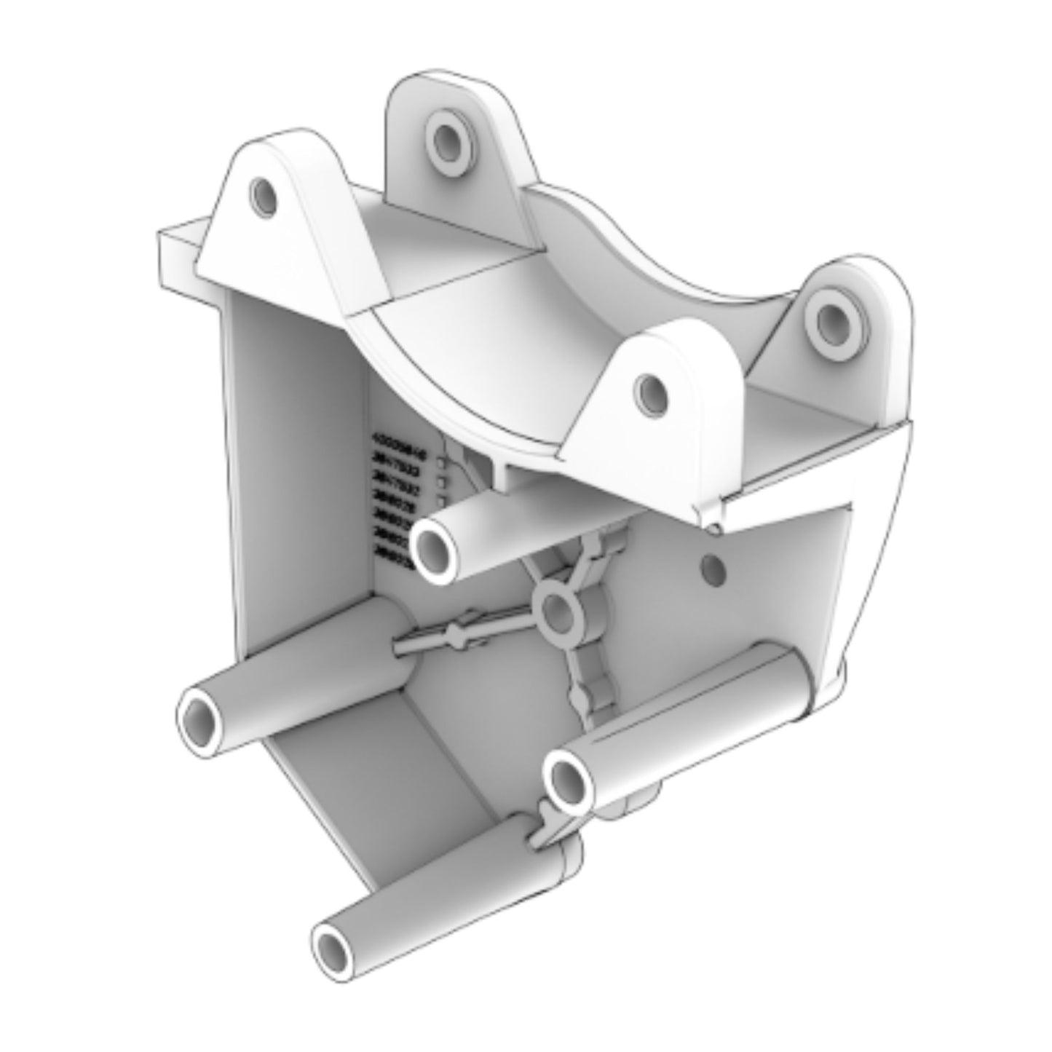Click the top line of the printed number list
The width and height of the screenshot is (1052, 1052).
pyautogui.click(x=398, y=440)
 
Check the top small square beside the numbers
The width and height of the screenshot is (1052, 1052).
pyautogui.click(x=441, y=462)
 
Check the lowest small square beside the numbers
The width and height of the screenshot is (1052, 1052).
pyautogui.click(x=441, y=500)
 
